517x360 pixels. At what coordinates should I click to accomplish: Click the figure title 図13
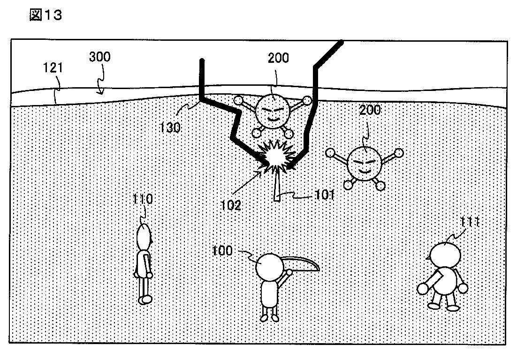pos(46,15)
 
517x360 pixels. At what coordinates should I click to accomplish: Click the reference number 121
pos(53,69)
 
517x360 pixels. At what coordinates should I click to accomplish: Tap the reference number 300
pos(99,57)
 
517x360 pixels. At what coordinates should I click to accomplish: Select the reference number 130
pos(170,127)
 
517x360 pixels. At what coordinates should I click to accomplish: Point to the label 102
pos(231,204)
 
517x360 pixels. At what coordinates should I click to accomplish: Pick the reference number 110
pos(143,199)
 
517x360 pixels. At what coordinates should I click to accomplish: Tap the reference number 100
pos(222,251)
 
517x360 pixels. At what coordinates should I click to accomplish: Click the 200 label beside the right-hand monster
pos(370,111)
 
